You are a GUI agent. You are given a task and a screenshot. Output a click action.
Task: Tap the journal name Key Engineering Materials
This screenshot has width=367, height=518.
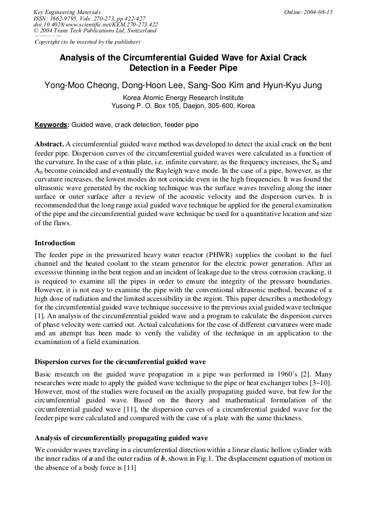click(x=67, y=12)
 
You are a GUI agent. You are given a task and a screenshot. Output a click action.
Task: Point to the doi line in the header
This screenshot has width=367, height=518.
click(x=96, y=24)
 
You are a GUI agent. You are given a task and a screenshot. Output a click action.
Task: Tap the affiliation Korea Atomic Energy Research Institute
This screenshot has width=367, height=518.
click(x=183, y=98)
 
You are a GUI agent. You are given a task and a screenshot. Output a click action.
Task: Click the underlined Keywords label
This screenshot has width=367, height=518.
click(x=52, y=125)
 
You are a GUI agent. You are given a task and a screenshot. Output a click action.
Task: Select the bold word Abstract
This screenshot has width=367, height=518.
click(x=49, y=145)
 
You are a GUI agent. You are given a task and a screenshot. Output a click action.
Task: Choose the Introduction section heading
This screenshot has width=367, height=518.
click(x=55, y=243)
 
